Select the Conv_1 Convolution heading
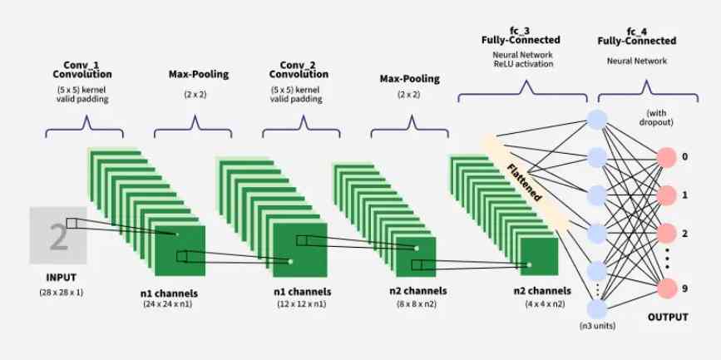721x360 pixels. [87, 70]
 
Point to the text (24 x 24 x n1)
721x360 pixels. [169, 305]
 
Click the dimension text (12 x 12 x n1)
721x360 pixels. [303, 305]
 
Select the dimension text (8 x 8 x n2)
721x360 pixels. [417, 305]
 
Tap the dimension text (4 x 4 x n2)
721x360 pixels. [542, 305]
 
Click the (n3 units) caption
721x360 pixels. [597, 325]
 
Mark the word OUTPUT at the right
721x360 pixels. [668, 316]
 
